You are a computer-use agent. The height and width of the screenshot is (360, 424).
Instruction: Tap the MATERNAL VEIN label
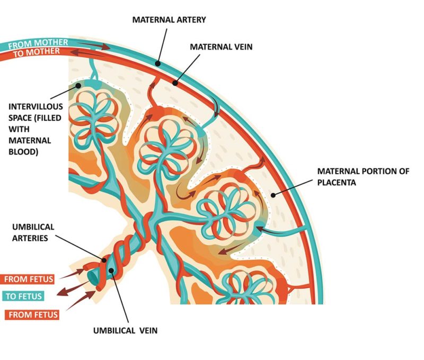coord(222,47)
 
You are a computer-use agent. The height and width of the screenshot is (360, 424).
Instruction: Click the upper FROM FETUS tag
coord(30,278)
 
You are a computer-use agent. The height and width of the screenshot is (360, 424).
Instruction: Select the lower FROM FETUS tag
coord(32,315)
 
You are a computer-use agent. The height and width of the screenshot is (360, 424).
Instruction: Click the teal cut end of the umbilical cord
coord(92,275)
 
